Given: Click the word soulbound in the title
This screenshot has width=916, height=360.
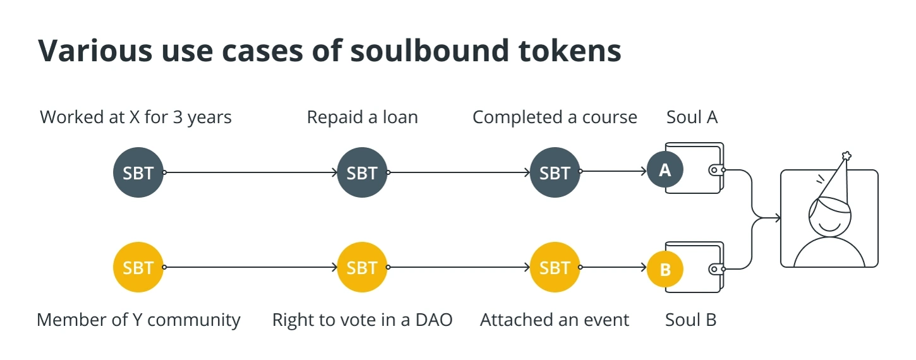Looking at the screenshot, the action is click(430, 51).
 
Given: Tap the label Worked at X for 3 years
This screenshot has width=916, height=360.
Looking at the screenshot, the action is click(136, 117).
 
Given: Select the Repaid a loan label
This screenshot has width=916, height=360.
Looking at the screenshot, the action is click(363, 117).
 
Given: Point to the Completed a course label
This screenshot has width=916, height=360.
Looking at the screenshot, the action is click(555, 117).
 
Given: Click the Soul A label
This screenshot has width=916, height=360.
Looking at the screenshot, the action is click(692, 117).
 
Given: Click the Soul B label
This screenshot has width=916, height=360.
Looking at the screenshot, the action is click(690, 320).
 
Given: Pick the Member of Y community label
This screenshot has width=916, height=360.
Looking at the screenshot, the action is click(138, 320).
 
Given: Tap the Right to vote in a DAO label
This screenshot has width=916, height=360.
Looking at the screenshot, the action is click(363, 320).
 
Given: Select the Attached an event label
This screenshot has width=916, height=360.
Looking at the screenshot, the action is click(555, 320).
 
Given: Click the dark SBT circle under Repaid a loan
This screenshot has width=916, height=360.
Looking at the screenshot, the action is click(362, 172).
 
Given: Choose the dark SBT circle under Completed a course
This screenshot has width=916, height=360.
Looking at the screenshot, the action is click(555, 172).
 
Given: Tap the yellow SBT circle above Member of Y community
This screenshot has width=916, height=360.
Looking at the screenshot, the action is click(138, 267).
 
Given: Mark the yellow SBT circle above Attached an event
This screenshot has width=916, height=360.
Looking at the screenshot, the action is click(555, 267).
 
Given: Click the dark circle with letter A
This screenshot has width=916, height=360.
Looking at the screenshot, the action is click(665, 170).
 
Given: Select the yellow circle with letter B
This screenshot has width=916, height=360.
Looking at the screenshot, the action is click(665, 269).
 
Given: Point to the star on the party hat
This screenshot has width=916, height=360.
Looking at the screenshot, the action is click(847, 156).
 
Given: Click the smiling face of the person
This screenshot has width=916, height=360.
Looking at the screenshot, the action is click(829, 217).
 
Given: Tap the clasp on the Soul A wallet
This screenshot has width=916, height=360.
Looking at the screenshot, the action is click(716, 170).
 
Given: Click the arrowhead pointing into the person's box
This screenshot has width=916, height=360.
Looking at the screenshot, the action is click(778, 218).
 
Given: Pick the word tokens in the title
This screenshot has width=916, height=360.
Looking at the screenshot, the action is click(570, 51).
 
